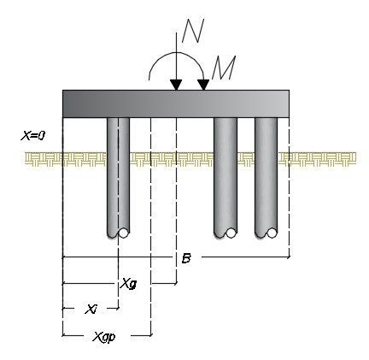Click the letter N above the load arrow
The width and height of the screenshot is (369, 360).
[x=193, y=31]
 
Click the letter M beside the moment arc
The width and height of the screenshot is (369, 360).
[x=224, y=68]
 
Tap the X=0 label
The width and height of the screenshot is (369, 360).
[x=33, y=136]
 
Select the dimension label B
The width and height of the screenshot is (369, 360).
[x=186, y=258]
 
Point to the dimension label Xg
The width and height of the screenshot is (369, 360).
[x=128, y=284]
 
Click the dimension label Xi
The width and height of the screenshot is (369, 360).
[x=91, y=309]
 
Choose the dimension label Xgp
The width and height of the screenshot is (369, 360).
[x=104, y=337]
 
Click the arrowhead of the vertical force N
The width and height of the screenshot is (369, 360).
[x=176, y=85]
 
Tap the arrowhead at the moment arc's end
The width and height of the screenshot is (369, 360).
[x=203, y=85]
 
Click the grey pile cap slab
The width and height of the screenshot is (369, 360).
[x=176, y=103]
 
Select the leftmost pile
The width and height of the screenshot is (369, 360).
[x=118, y=178]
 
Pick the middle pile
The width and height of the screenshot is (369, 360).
[x=225, y=178]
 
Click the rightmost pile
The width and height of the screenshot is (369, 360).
[x=266, y=178]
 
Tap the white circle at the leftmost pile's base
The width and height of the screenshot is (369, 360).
[x=123, y=233]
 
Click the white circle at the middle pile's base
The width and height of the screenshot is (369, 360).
[x=231, y=233]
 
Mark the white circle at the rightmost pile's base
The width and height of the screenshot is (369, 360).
[x=272, y=233]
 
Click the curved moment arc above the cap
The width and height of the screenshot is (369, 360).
[x=176, y=53]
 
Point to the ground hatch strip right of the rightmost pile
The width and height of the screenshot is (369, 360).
[x=317, y=159]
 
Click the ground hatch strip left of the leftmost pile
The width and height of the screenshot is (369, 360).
[x=66, y=159]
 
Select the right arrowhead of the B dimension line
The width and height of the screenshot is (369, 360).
[x=288, y=257]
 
